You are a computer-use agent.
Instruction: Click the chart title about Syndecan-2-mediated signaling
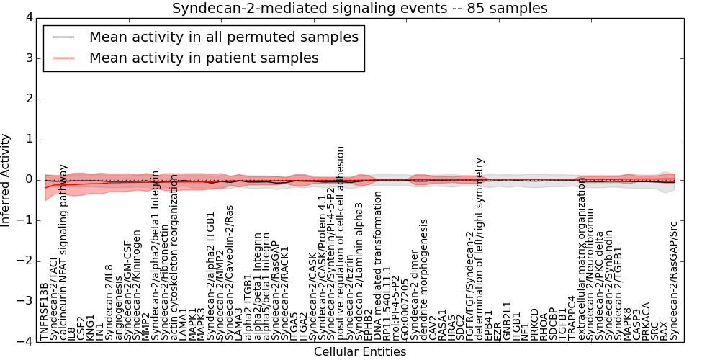click(x=359, y=9)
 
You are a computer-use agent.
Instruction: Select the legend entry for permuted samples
click(x=223, y=37)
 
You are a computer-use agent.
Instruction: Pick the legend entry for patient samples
click(x=204, y=58)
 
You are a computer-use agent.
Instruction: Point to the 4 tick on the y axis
click(x=28, y=17)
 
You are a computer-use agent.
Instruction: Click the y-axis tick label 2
click(x=28, y=99)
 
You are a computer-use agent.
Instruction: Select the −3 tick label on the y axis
click(x=25, y=302)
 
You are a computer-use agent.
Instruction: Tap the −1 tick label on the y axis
click(x=25, y=220)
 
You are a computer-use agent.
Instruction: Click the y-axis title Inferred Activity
click(x=6, y=180)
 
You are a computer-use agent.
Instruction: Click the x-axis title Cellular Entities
click(x=359, y=352)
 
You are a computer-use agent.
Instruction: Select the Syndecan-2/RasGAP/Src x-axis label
click(x=673, y=281)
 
